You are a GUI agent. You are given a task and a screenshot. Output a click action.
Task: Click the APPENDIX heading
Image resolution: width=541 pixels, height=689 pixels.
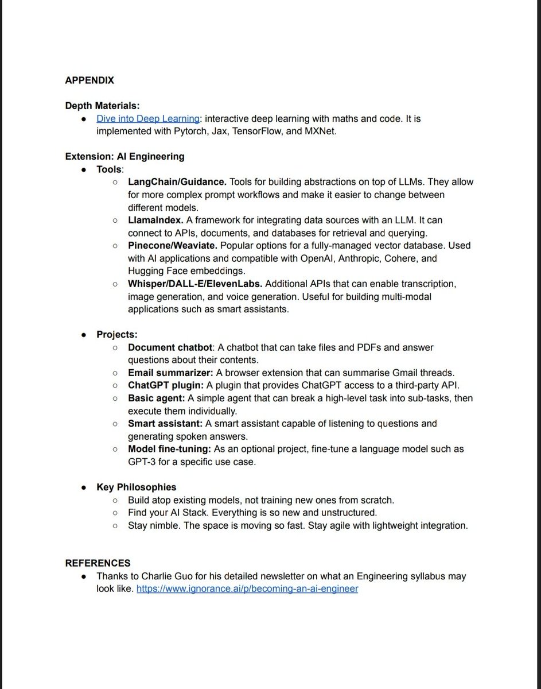tap(89, 80)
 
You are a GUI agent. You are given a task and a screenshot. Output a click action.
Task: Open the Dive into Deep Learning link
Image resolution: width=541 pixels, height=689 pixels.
tap(148, 118)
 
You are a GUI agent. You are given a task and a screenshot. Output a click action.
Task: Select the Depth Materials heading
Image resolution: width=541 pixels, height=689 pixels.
tap(103, 106)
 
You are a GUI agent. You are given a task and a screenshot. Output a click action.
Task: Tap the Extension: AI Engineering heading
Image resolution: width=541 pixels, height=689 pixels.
tap(124, 156)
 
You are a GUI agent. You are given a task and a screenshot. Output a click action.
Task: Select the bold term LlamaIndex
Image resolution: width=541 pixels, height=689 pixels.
tap(155, 220)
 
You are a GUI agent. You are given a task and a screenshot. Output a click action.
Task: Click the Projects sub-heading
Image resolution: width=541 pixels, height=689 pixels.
tap(116, 334)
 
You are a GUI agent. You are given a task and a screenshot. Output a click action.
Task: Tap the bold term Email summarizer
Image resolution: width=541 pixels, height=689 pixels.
tap(170, 373)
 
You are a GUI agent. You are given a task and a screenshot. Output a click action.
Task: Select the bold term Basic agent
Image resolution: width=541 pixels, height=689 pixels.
tap(155, 398)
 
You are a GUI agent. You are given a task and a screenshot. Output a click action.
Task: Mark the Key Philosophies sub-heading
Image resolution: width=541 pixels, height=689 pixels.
tap(136, 487)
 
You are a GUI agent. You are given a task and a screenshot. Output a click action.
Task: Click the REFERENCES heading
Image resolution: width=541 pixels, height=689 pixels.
tap(98, 563)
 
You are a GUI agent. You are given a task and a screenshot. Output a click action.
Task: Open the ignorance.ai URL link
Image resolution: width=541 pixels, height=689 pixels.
tap(247, 589)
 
